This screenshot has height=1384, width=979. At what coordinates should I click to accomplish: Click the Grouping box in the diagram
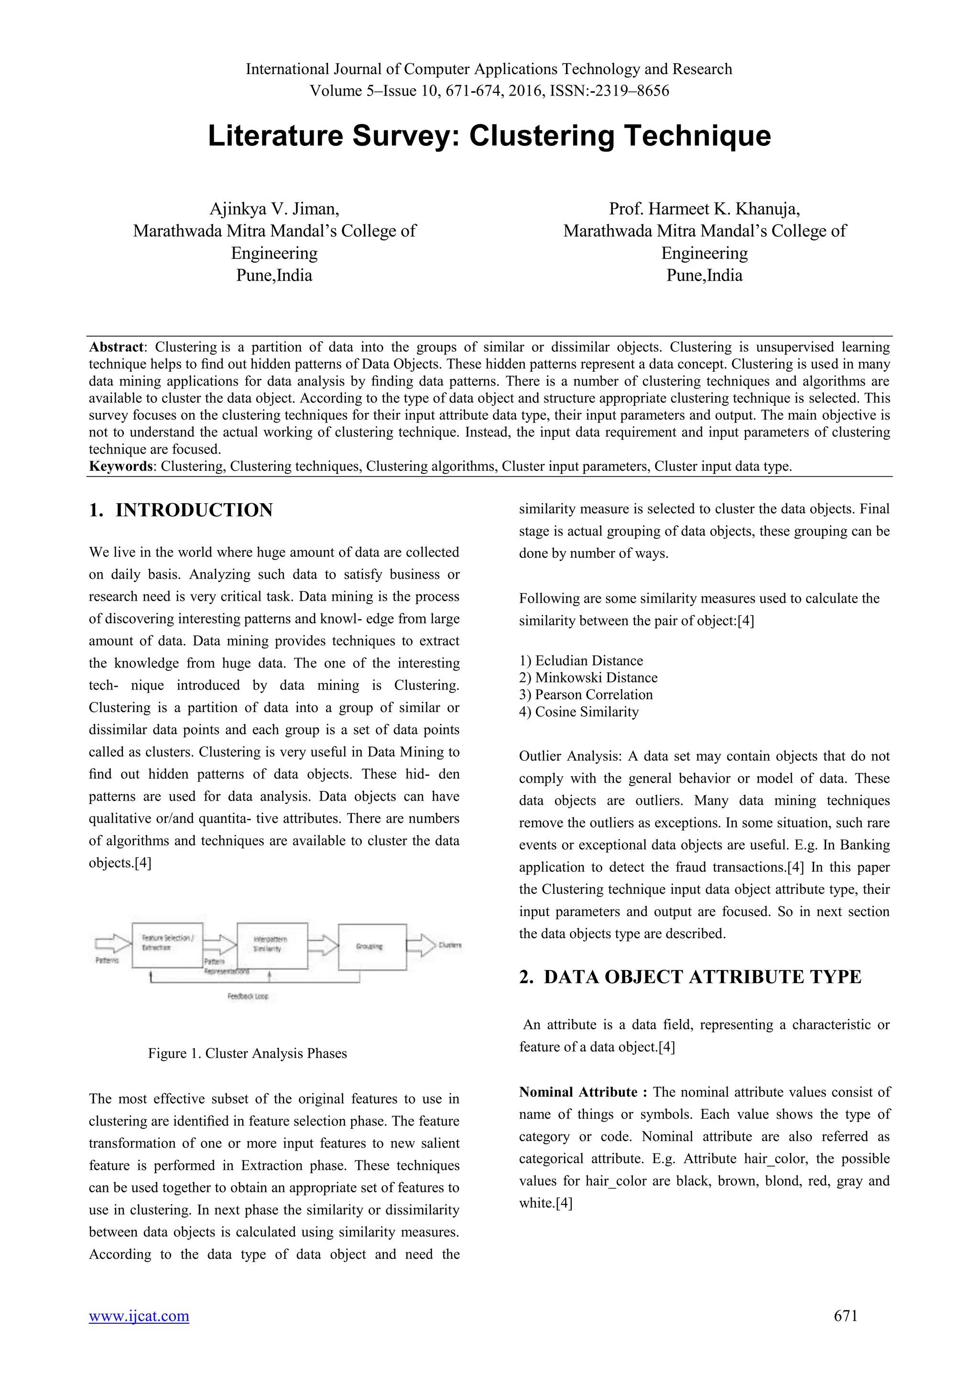(372, 946)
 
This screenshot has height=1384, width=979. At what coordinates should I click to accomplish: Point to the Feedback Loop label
(248, 996)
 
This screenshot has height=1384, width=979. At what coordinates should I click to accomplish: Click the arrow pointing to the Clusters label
(421, 944)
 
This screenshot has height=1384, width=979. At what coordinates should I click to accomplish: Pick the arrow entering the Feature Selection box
(113, 943)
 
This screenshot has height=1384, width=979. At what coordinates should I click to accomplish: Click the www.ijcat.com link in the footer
(139, 1315)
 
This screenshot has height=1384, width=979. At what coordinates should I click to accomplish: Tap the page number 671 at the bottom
(845, 1315)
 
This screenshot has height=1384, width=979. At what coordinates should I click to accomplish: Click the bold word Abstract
(116, 347)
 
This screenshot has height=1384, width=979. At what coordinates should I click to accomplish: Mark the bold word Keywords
(120, 466)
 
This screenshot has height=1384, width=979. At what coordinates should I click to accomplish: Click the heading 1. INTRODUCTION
(181, 510)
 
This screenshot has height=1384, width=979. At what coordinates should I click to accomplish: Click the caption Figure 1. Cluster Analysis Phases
(247, 1054)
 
